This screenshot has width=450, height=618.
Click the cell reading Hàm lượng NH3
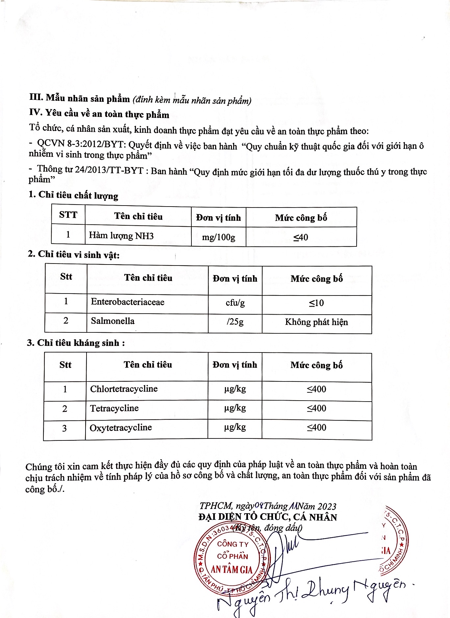[121, 236]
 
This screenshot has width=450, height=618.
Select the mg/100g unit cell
[218, 237]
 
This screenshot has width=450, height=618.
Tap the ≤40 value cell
[301, 238]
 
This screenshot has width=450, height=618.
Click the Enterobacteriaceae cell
[128, 302]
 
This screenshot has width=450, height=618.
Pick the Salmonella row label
[113, 321]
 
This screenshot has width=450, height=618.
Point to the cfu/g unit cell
[235, 303]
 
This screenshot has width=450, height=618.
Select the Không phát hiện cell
[316, 322]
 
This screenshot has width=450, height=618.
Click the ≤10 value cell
[316, 303]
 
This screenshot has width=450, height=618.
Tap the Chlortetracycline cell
[124, 389]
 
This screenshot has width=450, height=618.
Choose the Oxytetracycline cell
[121, 428]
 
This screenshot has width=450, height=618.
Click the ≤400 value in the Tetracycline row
[316, 409]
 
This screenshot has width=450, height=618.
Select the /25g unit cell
[235, 322]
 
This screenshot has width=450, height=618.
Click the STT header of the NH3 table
[68, 215]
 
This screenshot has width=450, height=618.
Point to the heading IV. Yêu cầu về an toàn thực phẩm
[99, 114]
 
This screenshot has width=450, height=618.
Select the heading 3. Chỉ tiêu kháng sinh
[76, 343]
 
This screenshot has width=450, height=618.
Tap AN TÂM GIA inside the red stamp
[232, 570]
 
